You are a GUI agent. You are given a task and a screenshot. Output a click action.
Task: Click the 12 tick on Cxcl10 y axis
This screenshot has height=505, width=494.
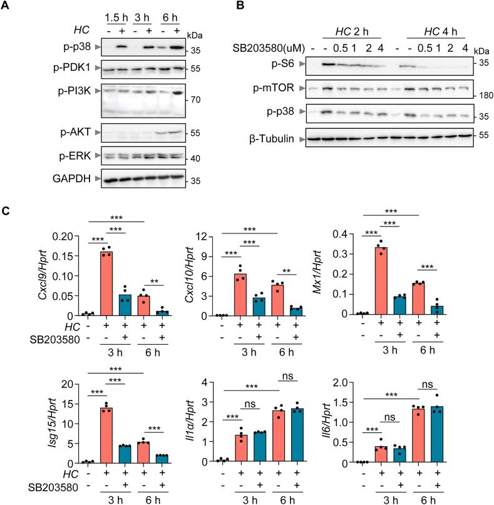(x=201, y=237)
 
